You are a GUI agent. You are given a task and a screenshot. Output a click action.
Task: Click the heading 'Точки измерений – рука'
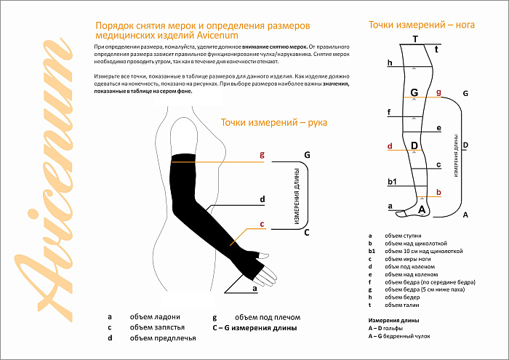(x=273, y=122)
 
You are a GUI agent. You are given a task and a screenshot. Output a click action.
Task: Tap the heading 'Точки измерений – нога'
(x=421, y=24)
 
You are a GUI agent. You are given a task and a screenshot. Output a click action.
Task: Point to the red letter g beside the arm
(x=262, y=154)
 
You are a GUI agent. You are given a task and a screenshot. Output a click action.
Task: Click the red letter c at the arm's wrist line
(x=262, y=224)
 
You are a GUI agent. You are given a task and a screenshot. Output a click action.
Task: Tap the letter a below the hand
(x=254, y=288)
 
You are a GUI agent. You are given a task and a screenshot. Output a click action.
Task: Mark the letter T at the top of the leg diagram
(x=415, y=39)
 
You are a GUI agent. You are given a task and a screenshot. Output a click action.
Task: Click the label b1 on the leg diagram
(x=392, y=180)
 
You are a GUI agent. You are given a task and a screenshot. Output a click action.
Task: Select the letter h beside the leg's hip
(x=390, y=63)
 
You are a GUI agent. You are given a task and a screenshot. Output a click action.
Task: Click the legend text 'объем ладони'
(x=154, y=317)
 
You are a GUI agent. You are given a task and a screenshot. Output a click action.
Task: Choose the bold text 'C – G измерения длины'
(x=254, y=327)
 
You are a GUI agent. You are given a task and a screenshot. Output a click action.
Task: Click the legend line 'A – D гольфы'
(x=388, y=328)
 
